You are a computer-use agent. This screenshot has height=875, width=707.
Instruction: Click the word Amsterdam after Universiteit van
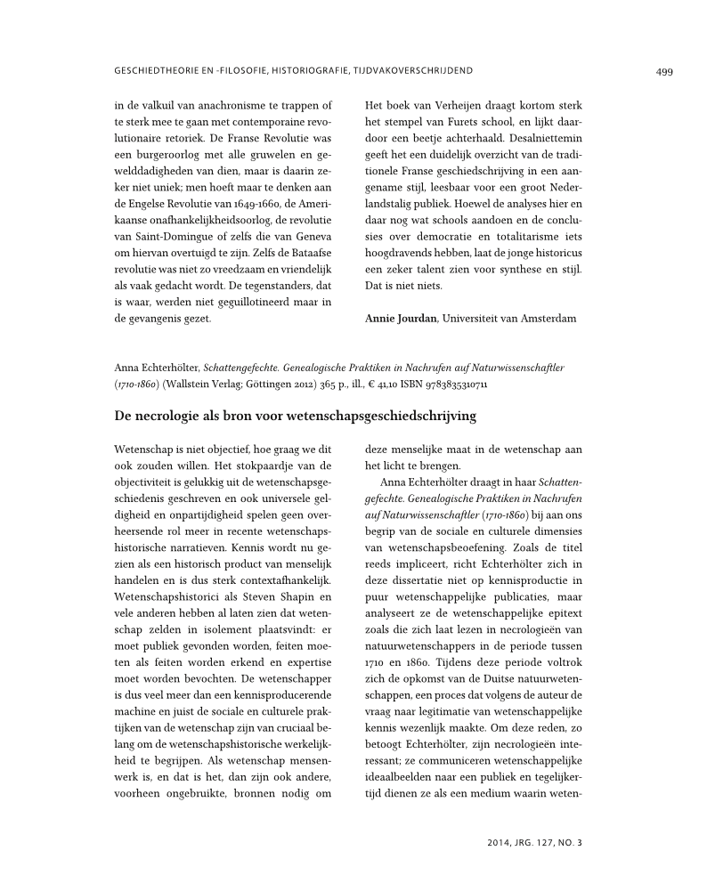(548, 318)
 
